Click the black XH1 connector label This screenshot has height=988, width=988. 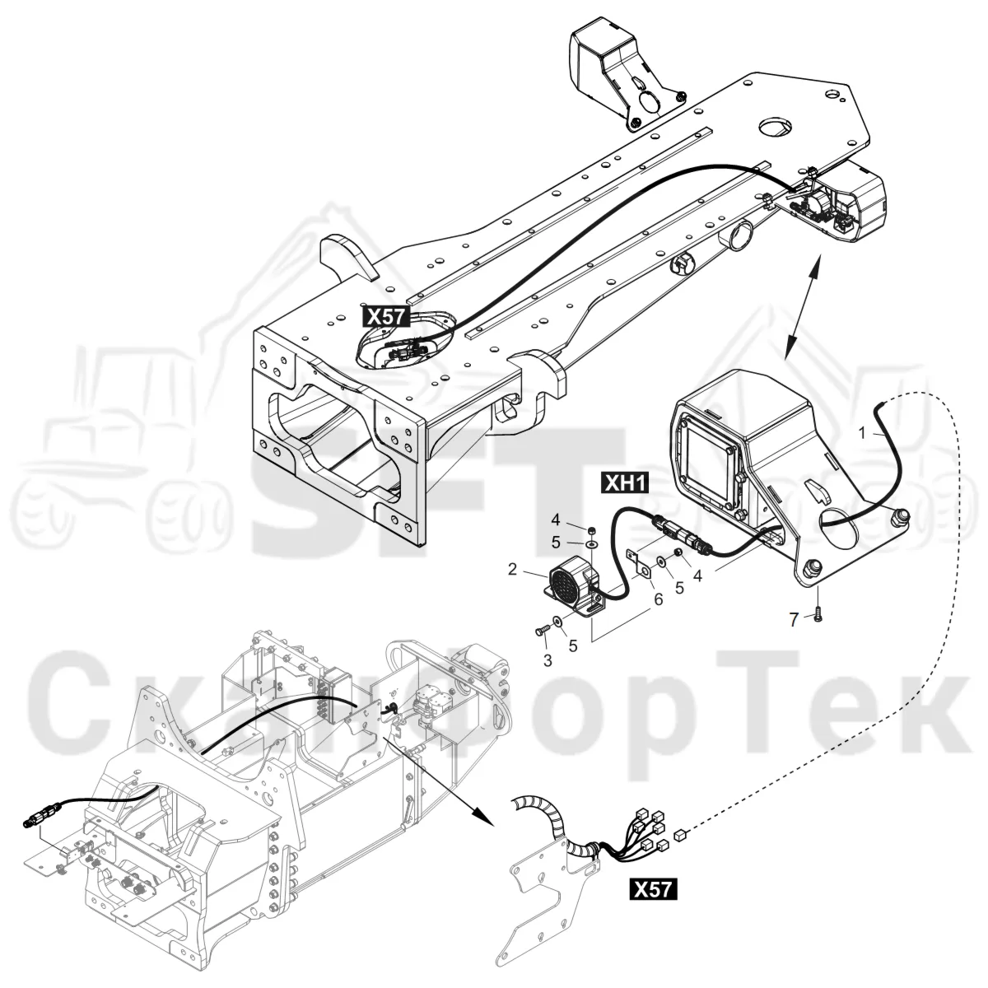pos(625,484)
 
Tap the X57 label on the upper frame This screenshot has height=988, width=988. pos(386,316)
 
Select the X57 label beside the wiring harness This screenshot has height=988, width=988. pos(653,889)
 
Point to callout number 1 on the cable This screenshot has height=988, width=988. pos(862,433)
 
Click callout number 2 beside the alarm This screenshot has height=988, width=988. pos(512,569)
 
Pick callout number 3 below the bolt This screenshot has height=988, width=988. pos(548,660)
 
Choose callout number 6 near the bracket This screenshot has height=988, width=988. pos(659,599)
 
